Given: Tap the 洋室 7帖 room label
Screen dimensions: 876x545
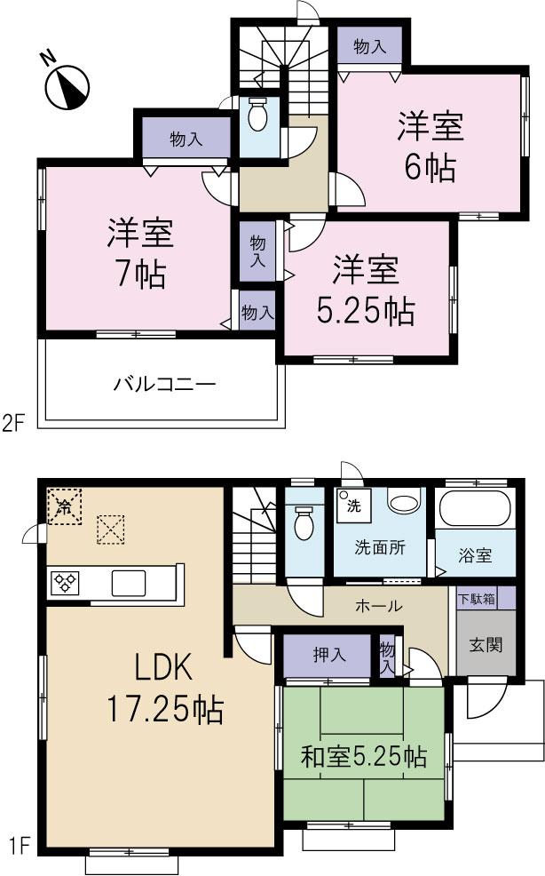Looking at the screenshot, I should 137,252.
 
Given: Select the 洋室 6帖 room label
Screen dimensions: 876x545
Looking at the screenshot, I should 430,146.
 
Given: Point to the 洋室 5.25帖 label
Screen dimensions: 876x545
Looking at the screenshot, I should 366,288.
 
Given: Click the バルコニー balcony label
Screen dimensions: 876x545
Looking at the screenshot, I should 164,385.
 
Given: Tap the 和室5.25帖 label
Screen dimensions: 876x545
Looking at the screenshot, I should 364,757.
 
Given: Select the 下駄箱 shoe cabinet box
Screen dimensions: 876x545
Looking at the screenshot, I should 477,599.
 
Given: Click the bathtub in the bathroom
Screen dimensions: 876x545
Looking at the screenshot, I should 478,510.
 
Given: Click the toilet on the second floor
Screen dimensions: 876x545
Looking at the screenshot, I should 259,115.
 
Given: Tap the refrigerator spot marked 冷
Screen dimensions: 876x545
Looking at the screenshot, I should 64,507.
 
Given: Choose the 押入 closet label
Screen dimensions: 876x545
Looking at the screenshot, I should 328,656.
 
